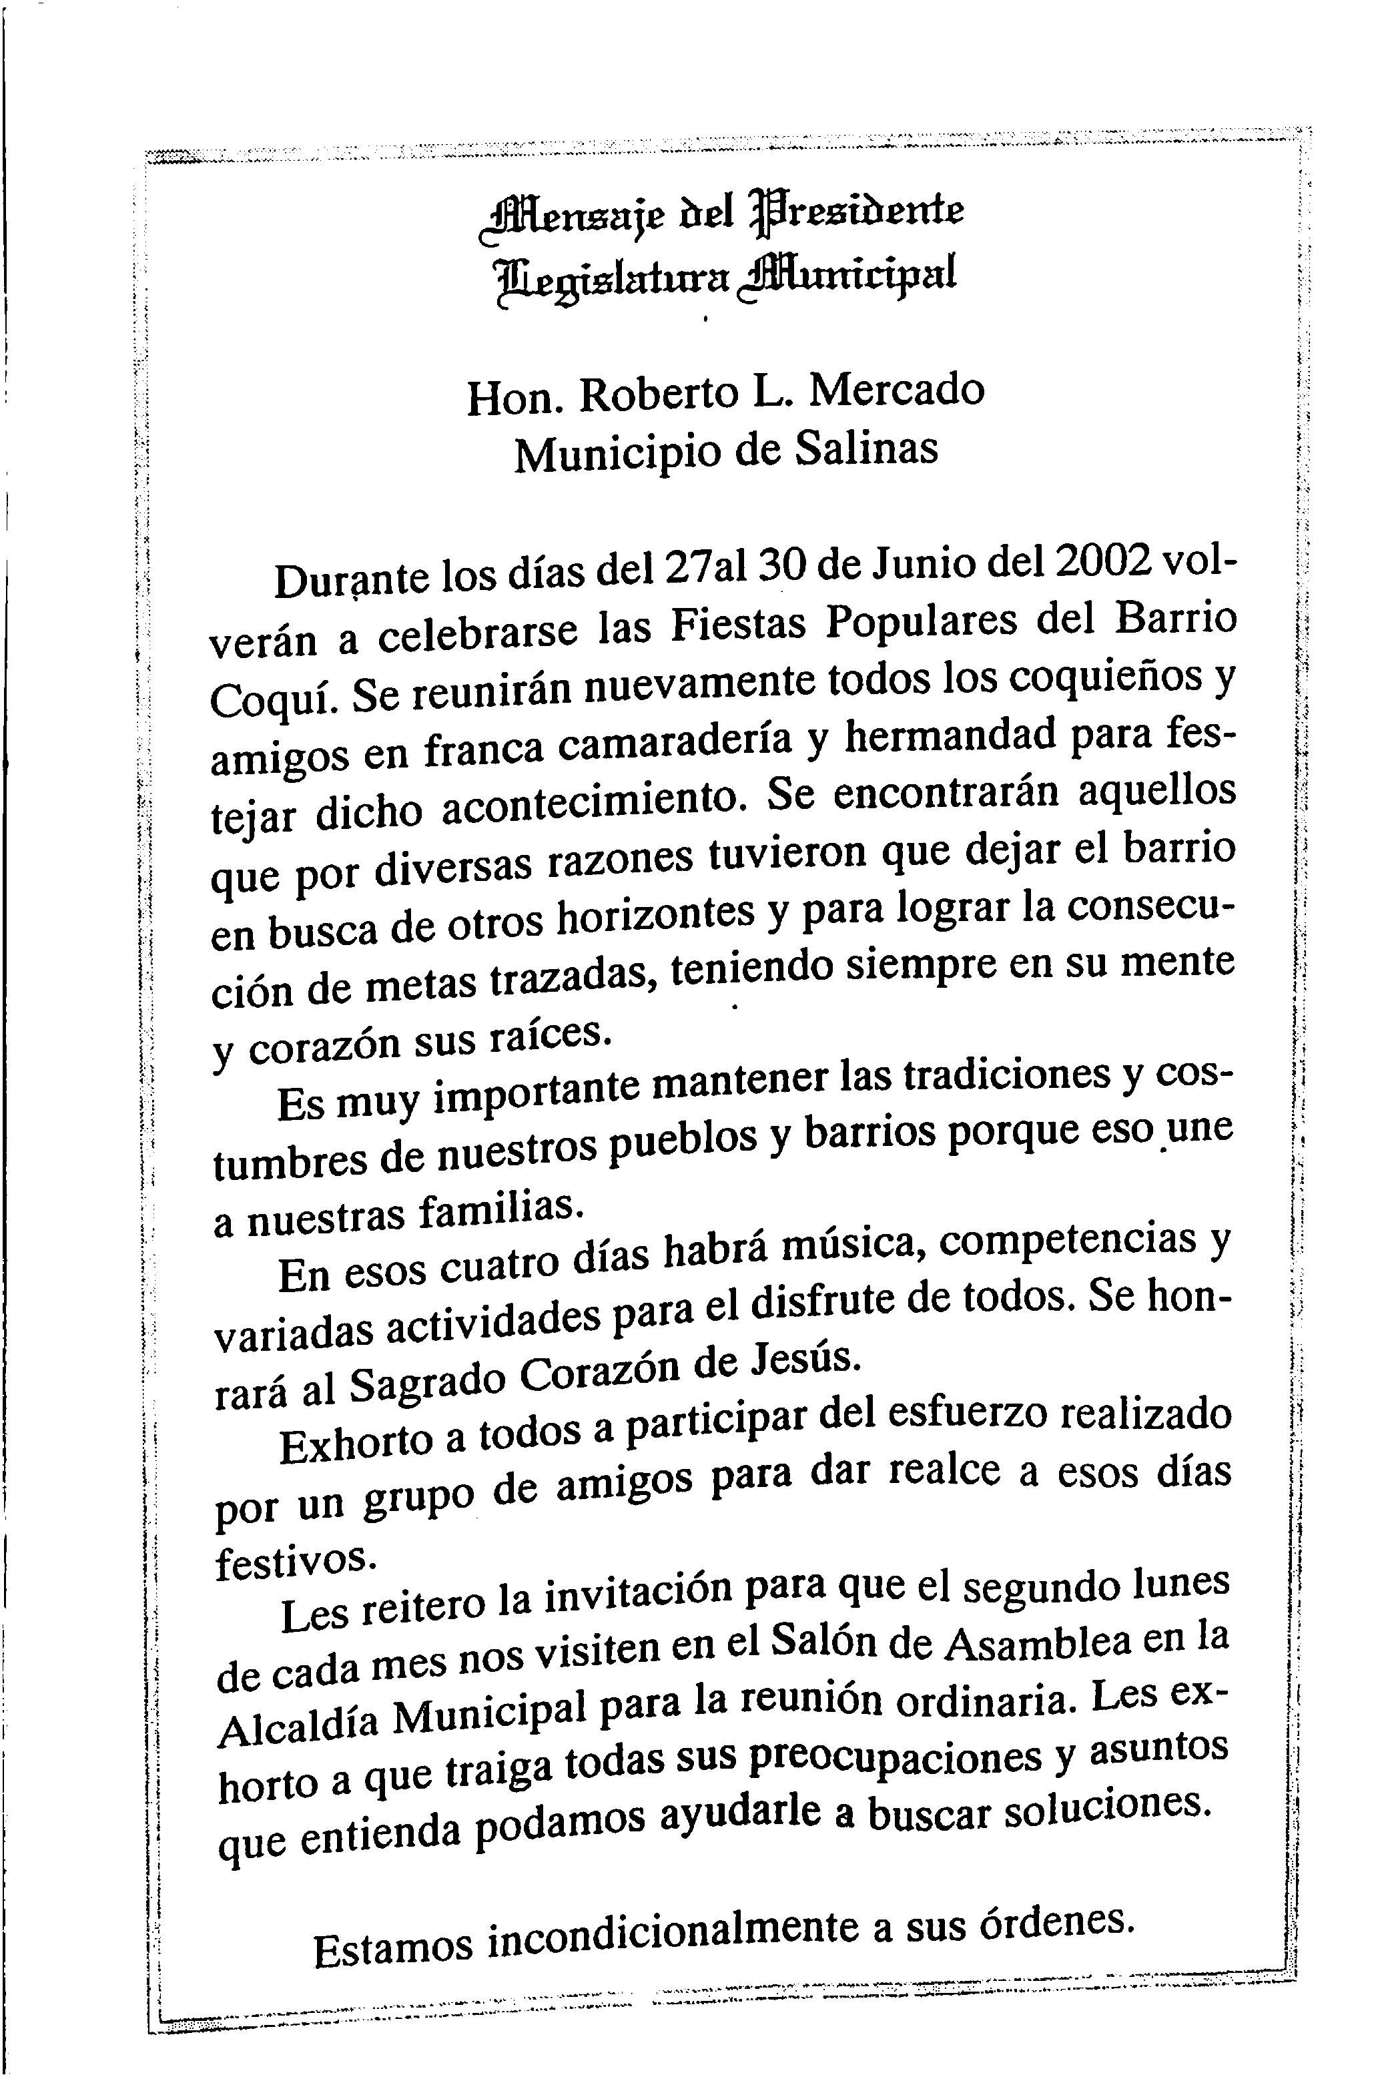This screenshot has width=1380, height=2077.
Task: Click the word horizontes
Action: pyautogui.click(x=657, y=919)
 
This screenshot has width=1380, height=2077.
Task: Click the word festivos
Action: pyautogui.click(x=296, y=1562)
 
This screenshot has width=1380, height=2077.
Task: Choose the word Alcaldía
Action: pyautogui.click(x=299, y=1723)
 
